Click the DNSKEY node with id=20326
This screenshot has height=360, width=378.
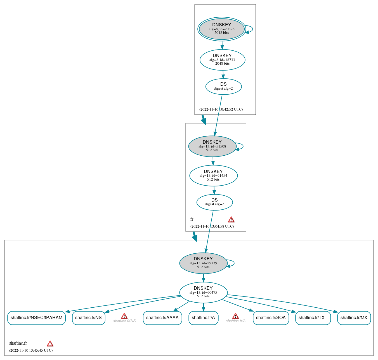tap(221, 29)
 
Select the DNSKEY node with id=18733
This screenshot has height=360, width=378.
tap(222, 60)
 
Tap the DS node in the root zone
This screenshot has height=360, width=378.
tap(223, 87)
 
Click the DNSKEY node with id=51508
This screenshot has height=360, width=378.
tap(212, 146)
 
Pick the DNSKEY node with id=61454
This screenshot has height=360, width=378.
tap(213, 176)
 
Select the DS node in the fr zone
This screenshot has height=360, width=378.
tap(214, 202)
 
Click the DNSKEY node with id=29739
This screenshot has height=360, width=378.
tap(203, 263)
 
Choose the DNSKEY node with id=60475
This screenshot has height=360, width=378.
tap(203, 292)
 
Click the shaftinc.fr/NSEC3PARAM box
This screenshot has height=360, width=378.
tap(36, 318)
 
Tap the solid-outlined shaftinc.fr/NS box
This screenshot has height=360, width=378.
tap(88, 318)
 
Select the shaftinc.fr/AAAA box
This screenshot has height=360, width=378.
tap(162, 318)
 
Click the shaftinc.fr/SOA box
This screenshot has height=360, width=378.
tap(271, 318)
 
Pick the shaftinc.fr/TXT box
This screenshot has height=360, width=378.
tap(313, 318)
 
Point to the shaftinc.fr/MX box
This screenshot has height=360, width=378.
tap(354, 318)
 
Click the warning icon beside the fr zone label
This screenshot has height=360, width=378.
tap(231, 219)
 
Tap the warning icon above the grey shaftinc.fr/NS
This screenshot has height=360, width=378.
tap(124, 316)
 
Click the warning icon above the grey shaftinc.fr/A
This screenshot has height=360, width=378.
tap(235, 316)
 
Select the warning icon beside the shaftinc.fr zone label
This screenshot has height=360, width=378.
tap(50, 343)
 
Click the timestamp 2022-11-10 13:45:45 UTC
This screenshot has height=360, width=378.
tap(31, 350)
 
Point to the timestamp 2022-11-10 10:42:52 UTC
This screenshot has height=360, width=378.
tap(221, 109)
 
